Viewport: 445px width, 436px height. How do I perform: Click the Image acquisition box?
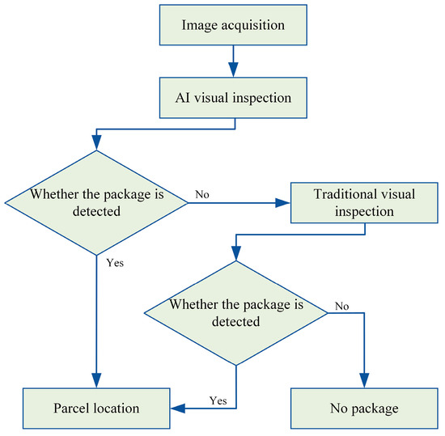coord(234,25)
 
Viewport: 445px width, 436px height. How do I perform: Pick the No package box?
coord(363,408)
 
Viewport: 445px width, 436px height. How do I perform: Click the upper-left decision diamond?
coord(96,203)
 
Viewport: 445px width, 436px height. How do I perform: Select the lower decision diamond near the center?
coord(235,312)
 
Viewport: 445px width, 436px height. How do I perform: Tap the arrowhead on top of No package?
coord(363,381)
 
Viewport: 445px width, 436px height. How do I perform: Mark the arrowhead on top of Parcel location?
coord(96,381)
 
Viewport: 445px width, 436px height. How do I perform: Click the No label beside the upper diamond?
coord(203,195)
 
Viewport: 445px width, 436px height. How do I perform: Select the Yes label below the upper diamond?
coord(116,263)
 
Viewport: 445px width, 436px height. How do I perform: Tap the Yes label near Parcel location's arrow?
coord(217,400)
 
